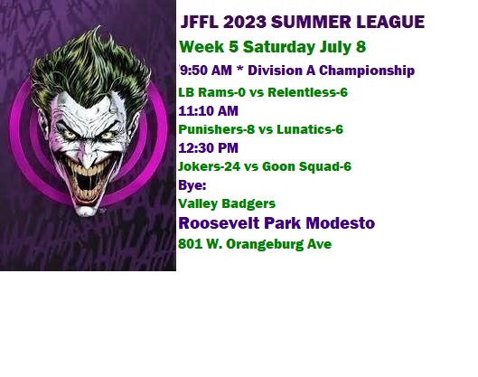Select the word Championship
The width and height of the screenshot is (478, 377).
[367, 71]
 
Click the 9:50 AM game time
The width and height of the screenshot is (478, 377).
[206, 71]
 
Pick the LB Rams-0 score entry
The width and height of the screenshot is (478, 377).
[211, 92]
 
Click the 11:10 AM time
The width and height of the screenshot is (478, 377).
[208, 110]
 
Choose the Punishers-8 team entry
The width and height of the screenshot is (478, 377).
[216, 129]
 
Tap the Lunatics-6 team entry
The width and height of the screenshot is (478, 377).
[310, 129]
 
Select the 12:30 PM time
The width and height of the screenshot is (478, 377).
[208, 148]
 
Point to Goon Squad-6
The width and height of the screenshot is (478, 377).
[306, 166]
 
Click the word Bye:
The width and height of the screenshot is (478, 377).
[192, 185]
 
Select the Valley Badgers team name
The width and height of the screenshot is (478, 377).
[227, 203]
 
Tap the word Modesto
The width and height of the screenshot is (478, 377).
[341, 223]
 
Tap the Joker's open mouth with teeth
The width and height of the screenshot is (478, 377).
[88, 182]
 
